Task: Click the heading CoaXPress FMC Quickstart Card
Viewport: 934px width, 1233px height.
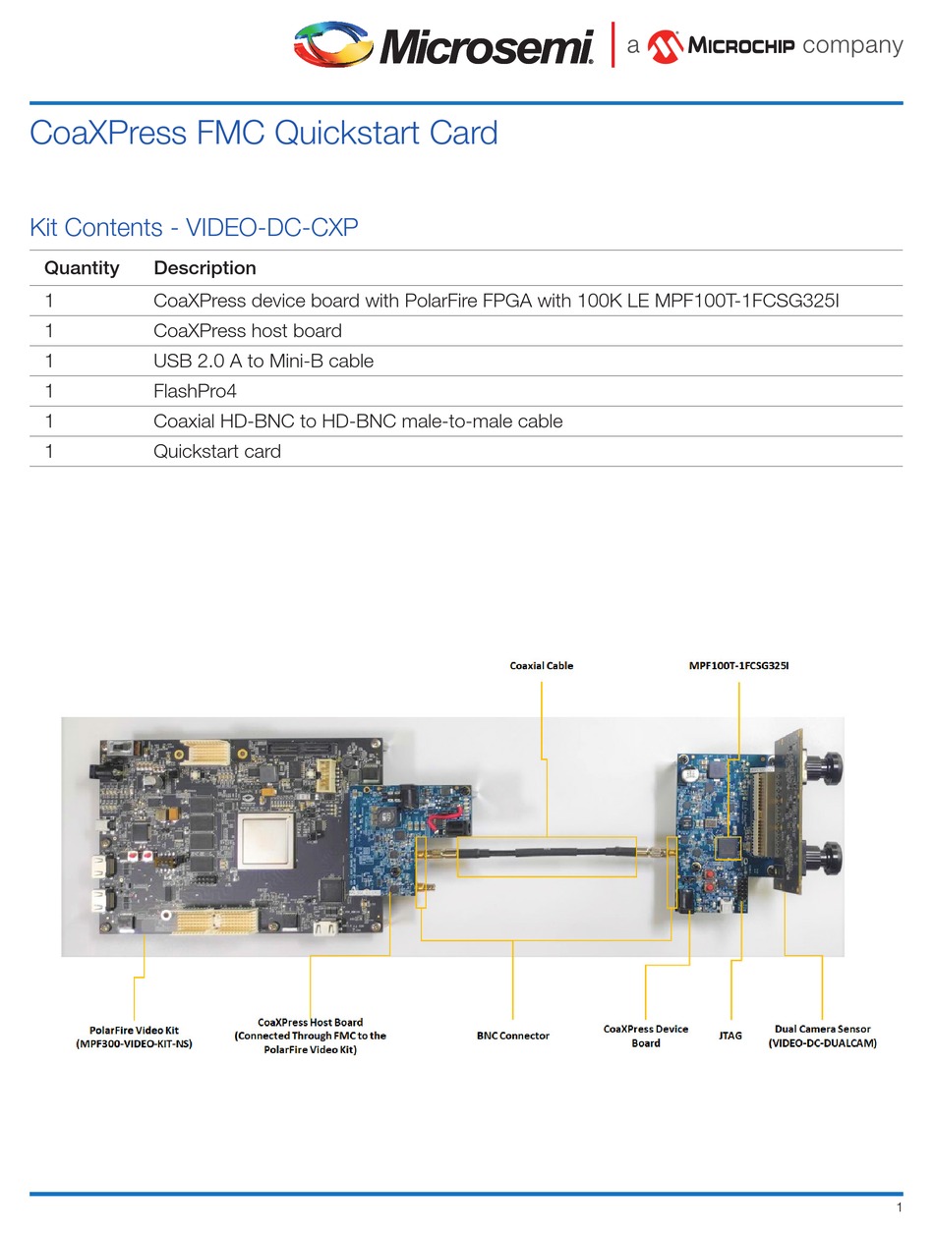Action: [263, 132]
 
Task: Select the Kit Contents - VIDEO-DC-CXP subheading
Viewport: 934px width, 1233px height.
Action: [194, 228]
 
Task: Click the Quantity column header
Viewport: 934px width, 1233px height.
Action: [82, 268]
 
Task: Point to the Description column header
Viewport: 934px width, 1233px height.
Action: [204, 268]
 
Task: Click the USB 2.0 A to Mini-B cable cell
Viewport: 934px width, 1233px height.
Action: [263, 361]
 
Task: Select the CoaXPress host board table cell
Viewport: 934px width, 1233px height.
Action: [248, 330]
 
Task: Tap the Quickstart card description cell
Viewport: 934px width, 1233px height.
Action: [217, 451]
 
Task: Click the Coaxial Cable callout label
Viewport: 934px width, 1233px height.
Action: [541, 666]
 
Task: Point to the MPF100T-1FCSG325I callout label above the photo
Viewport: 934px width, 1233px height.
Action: [738, 666]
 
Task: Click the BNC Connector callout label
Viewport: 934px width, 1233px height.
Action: [512, 1036]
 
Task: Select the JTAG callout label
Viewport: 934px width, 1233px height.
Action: [730, 1036]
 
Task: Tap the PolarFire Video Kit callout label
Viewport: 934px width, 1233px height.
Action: [134, 1037]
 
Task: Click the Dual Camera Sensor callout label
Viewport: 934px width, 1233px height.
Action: [822, 1036]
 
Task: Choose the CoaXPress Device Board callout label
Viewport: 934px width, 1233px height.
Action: [645, 1036]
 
